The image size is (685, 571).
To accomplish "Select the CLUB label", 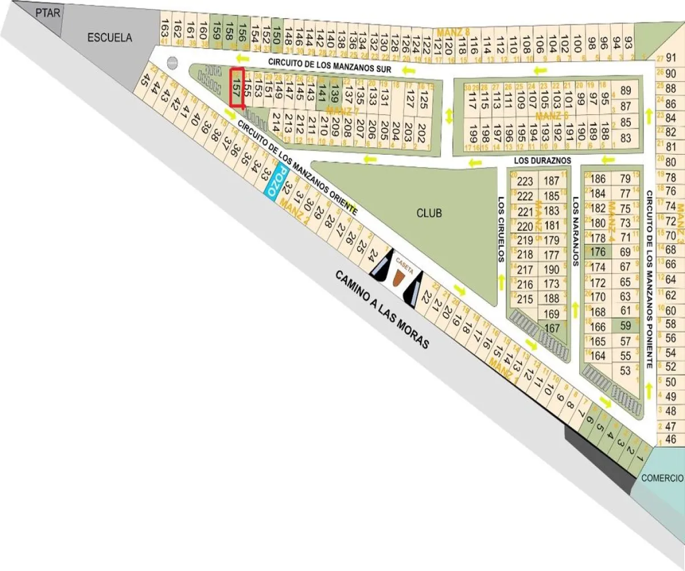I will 429,213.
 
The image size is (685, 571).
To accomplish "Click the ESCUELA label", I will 110,38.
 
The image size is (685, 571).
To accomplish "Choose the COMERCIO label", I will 661,478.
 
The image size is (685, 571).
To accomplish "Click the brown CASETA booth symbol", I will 398,277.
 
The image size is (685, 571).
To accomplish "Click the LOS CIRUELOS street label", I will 501,229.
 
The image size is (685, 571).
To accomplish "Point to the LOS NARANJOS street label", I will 575,232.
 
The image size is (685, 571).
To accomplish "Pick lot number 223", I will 524,182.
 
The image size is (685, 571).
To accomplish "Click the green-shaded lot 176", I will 598,252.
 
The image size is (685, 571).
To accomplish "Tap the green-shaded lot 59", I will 625,326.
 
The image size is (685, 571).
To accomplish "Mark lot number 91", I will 671,58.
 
